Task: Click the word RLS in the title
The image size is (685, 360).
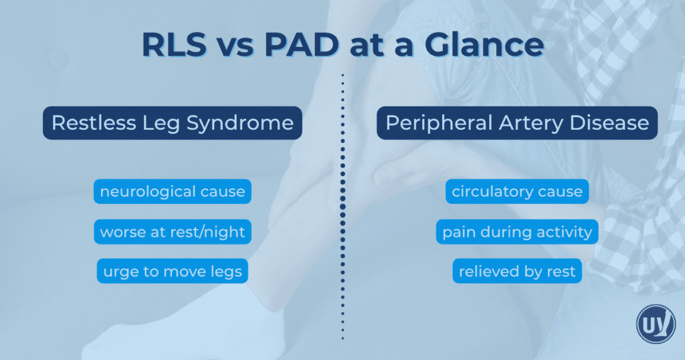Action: pos(175,44)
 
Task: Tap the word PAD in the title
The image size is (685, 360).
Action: pos(302,44)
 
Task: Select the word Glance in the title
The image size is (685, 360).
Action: pos(484,44)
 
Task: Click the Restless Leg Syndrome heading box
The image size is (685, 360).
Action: pos(173,122)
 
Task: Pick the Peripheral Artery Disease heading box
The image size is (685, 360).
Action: pos(517,122)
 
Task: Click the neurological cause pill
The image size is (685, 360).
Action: pos(173,191)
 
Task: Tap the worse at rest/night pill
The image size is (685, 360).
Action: pos(173,232)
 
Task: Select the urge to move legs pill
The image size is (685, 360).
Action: pos(173,271)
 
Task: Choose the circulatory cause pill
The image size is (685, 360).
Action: pos(517,191)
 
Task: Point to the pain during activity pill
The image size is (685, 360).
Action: pos(517,232)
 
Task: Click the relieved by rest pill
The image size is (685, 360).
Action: pos(517,271)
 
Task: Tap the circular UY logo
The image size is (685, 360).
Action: pos(656,324)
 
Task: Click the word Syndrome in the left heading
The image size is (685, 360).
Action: pos(240,123)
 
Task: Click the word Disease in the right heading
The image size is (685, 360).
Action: pos(609,122)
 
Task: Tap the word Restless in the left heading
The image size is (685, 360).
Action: pos(94,122)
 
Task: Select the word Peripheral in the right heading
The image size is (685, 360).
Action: pos(439,124)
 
